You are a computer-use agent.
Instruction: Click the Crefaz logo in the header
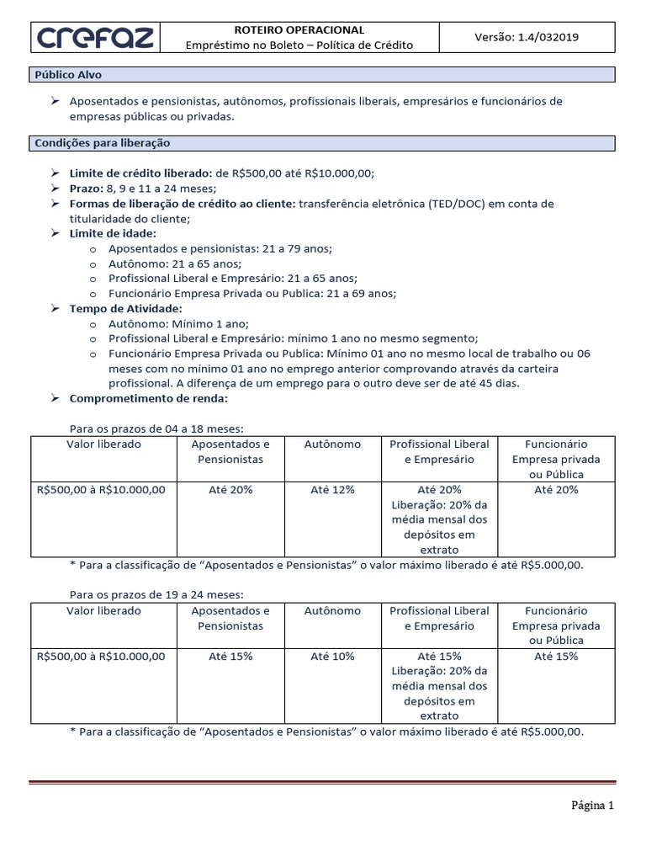pos(94,38)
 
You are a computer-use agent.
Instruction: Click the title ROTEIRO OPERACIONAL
pos(299,29)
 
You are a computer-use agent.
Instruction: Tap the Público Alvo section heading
pos(68,75)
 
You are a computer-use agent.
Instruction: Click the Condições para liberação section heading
pos(103,144)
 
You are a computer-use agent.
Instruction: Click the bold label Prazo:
pos(87,189)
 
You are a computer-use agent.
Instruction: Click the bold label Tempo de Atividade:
pos(125,309)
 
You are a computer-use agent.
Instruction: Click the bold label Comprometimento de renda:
pos(148,399)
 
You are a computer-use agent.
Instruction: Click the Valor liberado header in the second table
pos(103,611)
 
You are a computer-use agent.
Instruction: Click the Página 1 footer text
pos(593,806)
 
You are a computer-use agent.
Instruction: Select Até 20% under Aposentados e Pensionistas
pos(230,490)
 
